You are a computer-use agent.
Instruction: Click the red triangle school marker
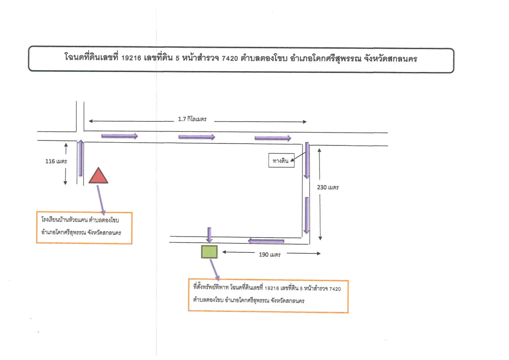tap(98, 176)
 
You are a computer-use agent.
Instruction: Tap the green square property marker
tap(209, 252)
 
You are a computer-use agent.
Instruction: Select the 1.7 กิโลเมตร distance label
tap(192, 120)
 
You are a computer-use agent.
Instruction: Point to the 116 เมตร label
tap(56, 161)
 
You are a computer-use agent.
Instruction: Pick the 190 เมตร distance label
tap(270, 255)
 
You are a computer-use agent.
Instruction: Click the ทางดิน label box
tap(281, 160)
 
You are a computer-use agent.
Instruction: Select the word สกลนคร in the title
tap(402, 58)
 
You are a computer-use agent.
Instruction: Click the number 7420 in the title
tap(232, 58)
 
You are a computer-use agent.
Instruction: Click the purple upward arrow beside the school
tap(81, 157)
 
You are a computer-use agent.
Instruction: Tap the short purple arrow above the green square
tap(209, 235)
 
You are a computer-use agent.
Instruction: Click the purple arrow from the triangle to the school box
tap(101, 198)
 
